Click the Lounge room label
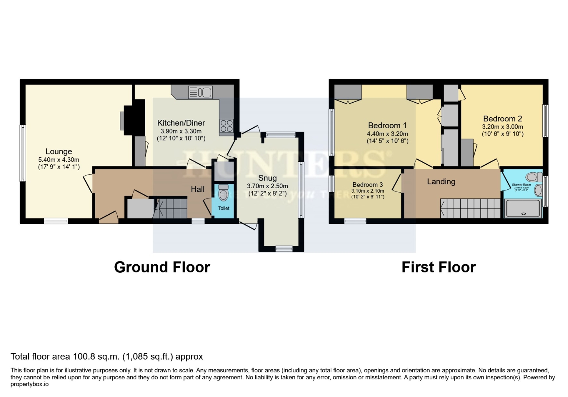(58, 151)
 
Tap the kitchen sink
(200, 92)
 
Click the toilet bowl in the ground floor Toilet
(223, 194)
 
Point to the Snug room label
(267, 178)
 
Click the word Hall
(198, 189)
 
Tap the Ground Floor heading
(162, 267)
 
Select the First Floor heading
(439, 267)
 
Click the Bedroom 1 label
(387, 126)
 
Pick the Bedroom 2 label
(502, 119)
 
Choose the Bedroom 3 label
(368, 185)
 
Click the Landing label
(441, 182)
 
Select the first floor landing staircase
(471, 208)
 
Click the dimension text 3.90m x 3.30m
(181, 131)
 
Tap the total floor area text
(107, 357)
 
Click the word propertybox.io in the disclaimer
(29, 384)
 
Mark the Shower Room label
(521, 185)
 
